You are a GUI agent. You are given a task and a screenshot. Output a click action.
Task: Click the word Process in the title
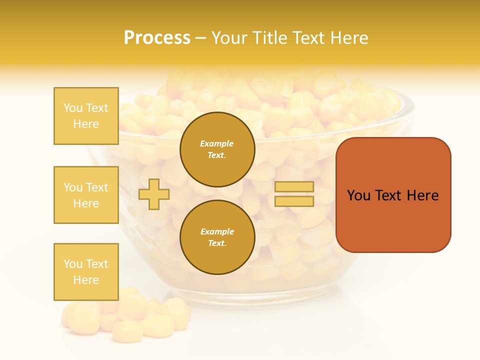click(157, 38)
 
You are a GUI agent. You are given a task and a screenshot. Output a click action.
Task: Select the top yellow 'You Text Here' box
click(86, 116)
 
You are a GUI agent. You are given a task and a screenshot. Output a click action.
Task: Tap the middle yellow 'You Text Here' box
click(86, 195)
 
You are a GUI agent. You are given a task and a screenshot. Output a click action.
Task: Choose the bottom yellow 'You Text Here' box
click(86, 272)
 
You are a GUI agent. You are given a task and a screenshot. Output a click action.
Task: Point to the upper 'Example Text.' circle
click(217, 149)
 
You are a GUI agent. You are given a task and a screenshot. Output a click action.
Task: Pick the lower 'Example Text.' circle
click(217, 237)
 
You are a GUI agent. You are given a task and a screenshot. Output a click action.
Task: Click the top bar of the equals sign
click(294, 187)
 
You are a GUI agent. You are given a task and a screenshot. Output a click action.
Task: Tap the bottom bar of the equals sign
click(294, 201)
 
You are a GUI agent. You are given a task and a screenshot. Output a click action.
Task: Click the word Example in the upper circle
click(217, 143)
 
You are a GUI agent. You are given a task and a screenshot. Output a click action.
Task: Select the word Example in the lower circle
click(217, 231)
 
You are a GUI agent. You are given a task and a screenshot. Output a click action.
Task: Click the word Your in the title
click(229, 38)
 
